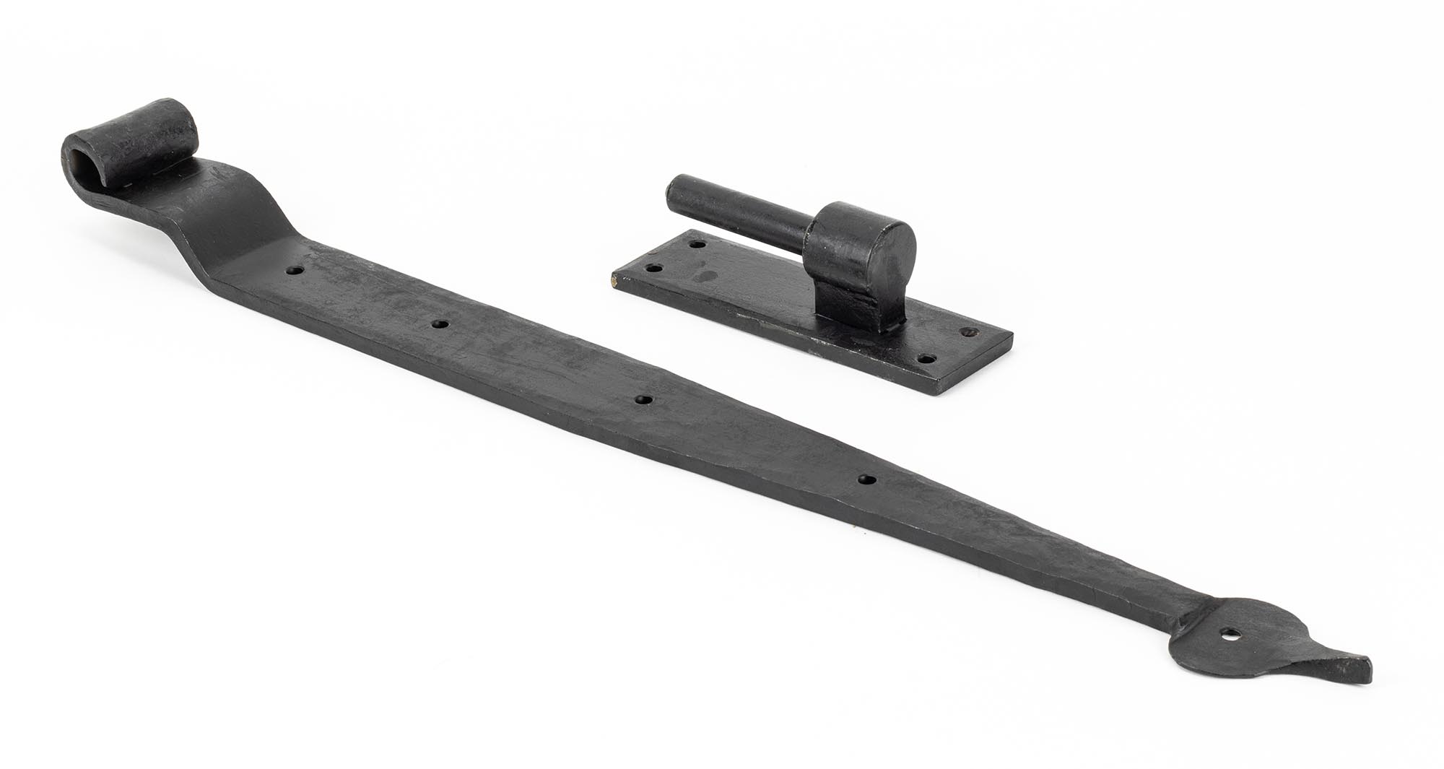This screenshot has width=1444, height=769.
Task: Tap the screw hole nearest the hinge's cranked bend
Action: [295, 271]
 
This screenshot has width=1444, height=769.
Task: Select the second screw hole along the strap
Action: [437, 324]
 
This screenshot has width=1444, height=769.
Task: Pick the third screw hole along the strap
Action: [642, 399]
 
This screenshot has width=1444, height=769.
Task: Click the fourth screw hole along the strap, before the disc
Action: [865, 480]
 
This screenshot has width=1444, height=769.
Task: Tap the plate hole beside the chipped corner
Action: [654, 269]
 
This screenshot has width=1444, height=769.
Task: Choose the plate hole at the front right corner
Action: [926, 359]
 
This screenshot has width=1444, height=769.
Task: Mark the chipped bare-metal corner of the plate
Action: [614, 284]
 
